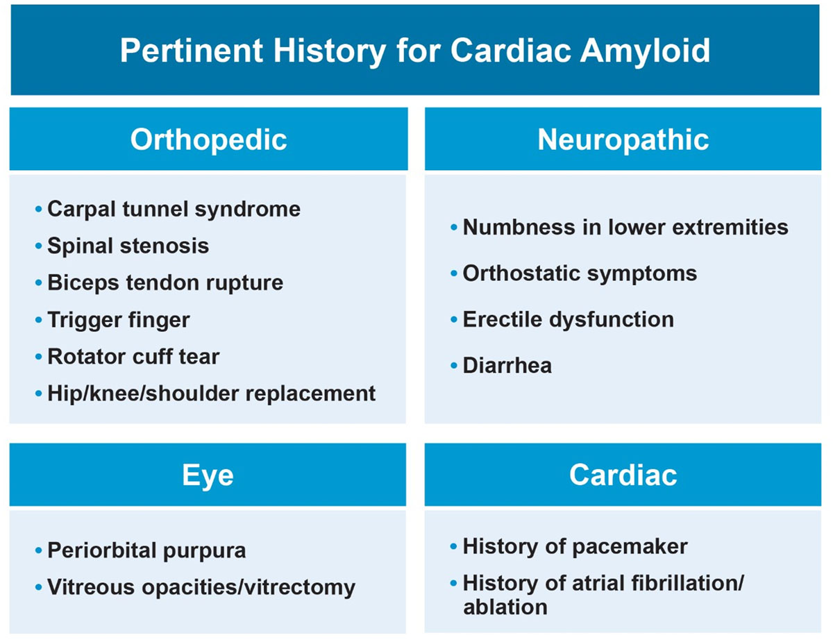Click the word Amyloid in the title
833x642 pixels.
pyautogui.click(x=645, y=51)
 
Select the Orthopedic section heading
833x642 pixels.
pyautogui.click(x=208, y=140)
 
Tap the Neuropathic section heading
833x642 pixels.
pyautogui.click(x=623, y=140)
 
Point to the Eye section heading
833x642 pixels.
pyautogui.click(x=208, y=475)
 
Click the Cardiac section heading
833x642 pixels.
pyautogui.click(x=623, y=475)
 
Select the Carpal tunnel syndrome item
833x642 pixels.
pyautogui.click(x=174, y=210)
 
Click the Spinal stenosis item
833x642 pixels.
pyautogui.click(x=128, y=245)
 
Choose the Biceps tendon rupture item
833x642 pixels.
pyautogui.click(x=166, y=283)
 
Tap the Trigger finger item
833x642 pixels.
pyautogui.click(x=119, y=320)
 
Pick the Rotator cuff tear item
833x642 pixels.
pyautogui.click(x=133, y=357)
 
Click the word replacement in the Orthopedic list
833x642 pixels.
pyautogui.click(x=310, y=394)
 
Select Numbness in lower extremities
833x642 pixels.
pyautogui.click(x=625, y=227)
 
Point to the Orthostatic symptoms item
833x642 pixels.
pyautogui.click(x=580, y=274)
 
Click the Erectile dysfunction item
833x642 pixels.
pyautogui.click(x=569, y=319)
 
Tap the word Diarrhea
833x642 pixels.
pyautogui.click(x=507, y=365)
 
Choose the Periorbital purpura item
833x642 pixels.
pyautogui.click(x=147, y=551)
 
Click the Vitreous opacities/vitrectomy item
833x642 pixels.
pyautogui.click(x=201, y=588)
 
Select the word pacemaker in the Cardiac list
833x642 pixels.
pyautogui.click(x=630, y=547)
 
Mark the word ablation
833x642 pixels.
pyautogui.click(x=505, y=607)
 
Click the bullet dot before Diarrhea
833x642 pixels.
pyautogui.click(x=454, y=366)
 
